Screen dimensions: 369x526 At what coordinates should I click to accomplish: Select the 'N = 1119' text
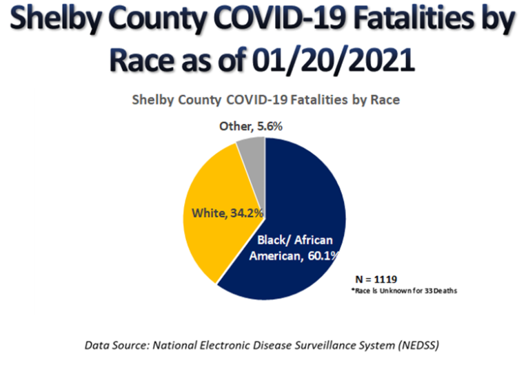pyautogui.click(x=372, y=280)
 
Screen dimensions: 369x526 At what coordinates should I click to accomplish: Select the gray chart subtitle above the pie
pyautogui.click(x=266, y=100)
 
